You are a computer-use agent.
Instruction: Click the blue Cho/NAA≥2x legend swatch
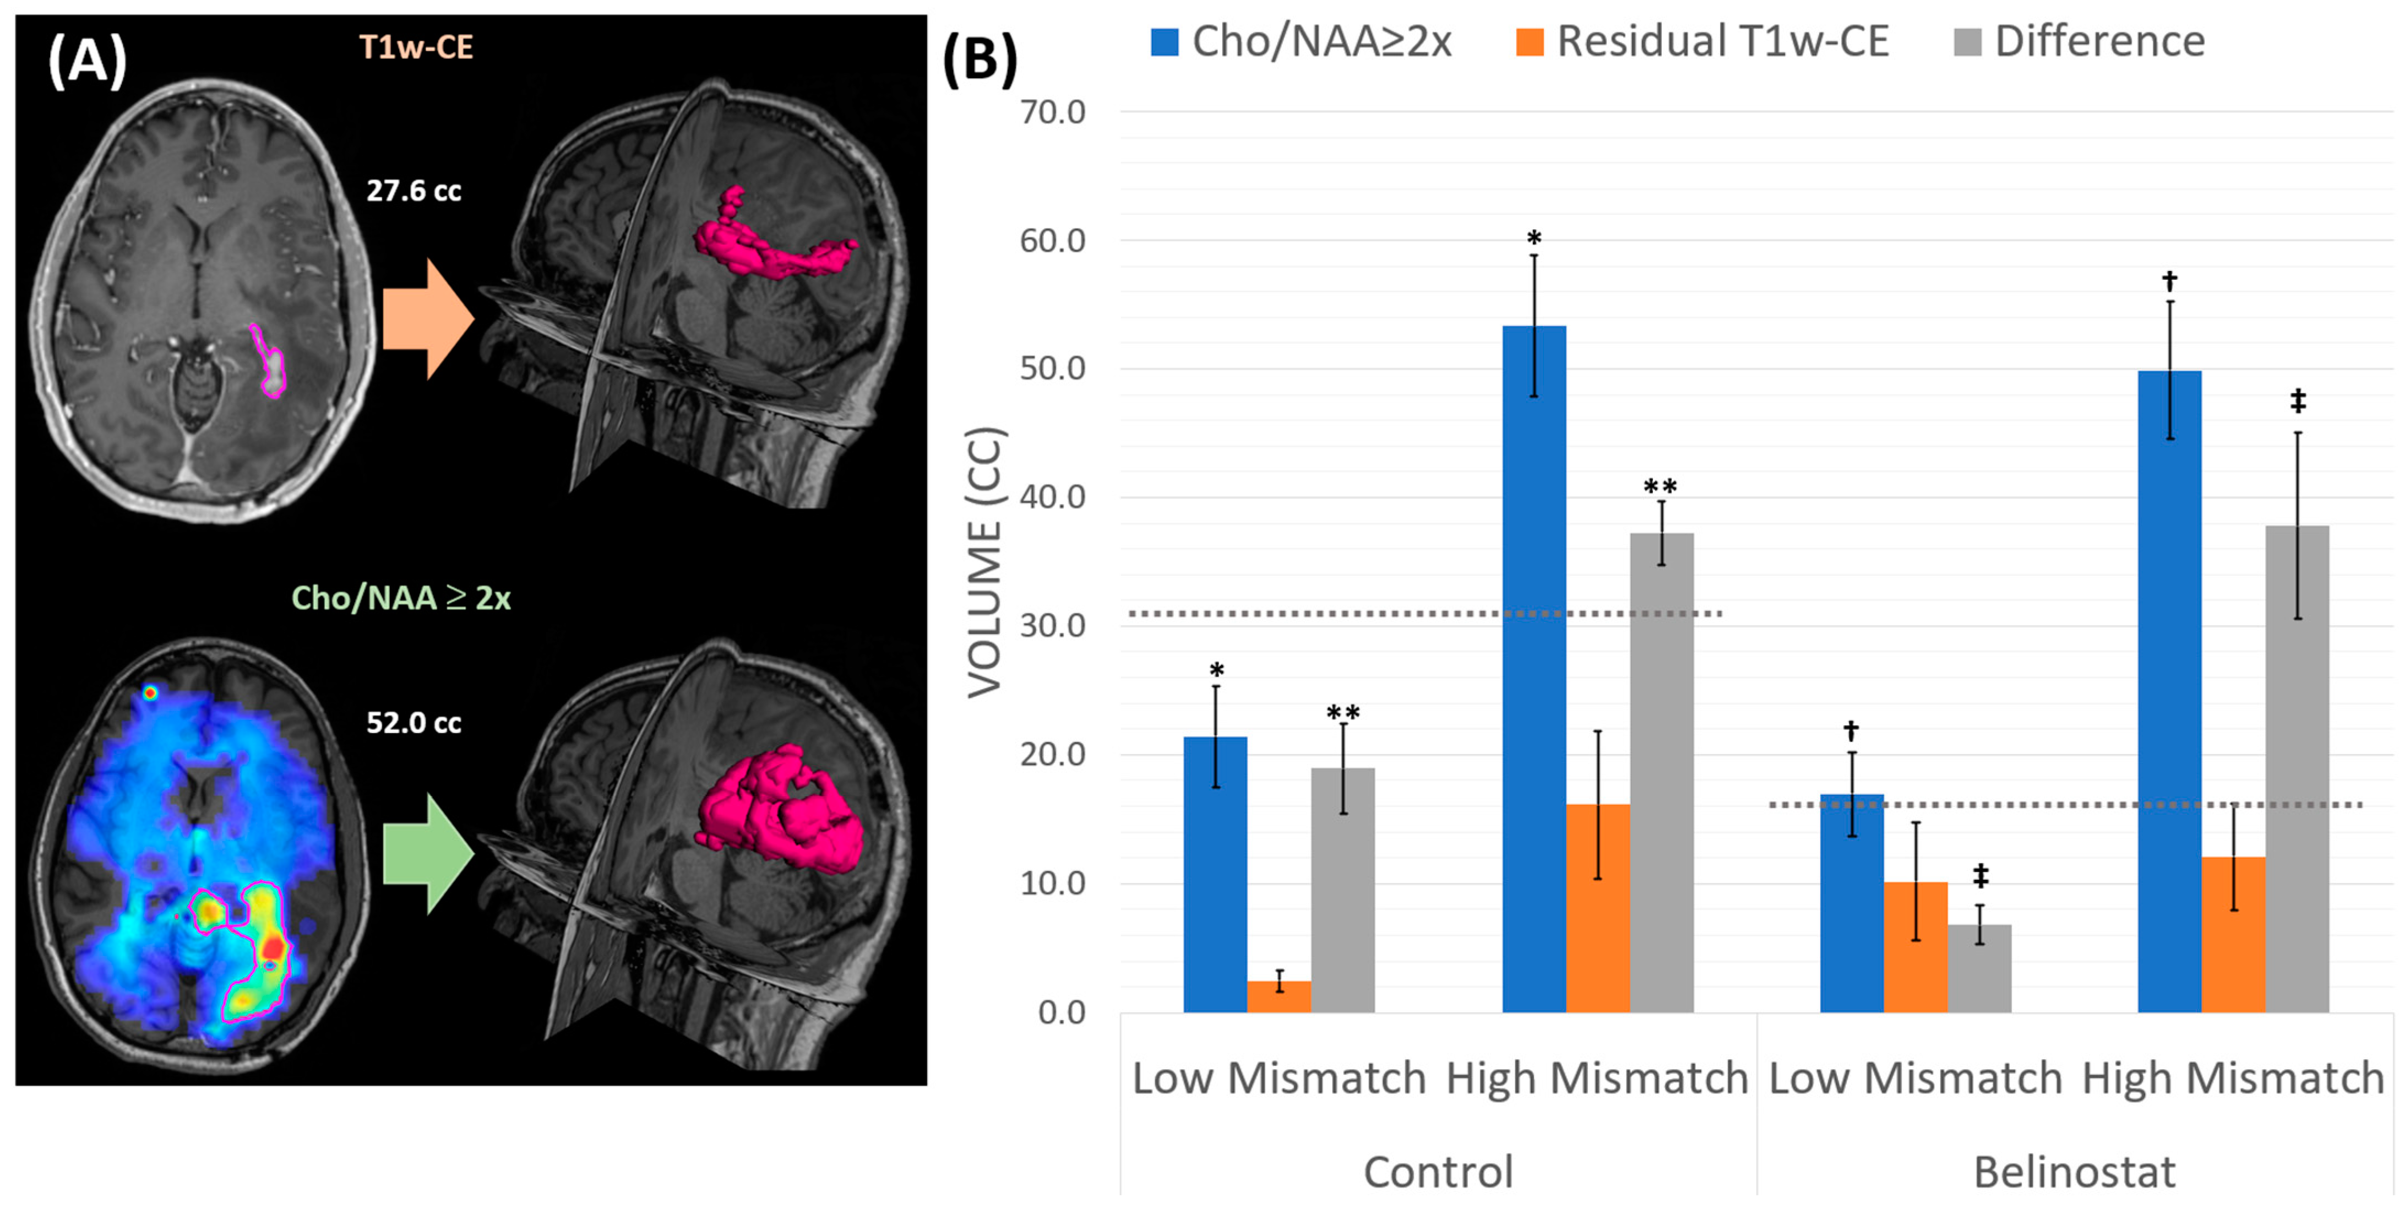[x=1164, y=42]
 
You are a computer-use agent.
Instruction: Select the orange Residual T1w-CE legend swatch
[x=1529, y=42]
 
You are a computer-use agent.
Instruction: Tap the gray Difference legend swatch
[x=1967, y=42]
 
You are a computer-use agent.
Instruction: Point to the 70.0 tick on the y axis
[x=1052, y=112]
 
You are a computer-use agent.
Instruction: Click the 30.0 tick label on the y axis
[x=1052, y=626]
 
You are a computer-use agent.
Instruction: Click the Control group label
[x=1438, y=1172]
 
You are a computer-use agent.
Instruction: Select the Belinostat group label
[x=2075, y=1172]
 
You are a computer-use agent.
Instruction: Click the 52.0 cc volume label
[x=413, y=722]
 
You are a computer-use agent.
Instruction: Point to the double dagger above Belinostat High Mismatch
[x=2298, y=402]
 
